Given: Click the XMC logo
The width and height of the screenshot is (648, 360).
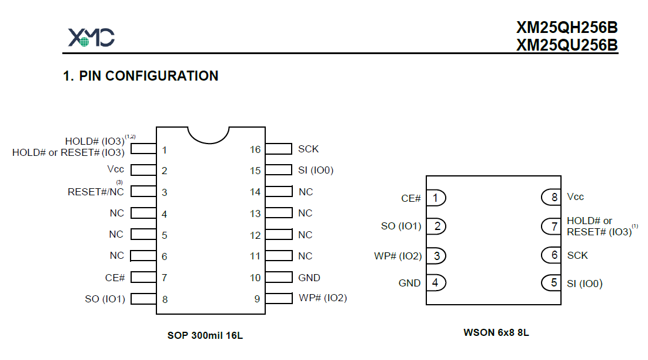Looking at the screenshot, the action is tap(91, 37).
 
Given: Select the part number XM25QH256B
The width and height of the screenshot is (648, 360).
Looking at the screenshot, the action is tap(567, 27).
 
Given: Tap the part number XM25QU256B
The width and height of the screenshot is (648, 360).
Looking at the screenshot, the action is tap(567, 45).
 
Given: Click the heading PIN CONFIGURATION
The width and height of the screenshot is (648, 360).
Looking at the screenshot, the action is tap(149, 76).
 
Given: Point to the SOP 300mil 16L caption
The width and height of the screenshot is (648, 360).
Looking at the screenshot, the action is tap(205, 335).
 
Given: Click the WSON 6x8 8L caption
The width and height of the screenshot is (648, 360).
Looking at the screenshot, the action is tap(496, 332).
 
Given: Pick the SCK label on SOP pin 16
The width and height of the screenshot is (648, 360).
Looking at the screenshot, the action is tap(308, 149).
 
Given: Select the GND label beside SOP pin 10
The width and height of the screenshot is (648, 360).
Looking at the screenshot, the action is tap(309, 278).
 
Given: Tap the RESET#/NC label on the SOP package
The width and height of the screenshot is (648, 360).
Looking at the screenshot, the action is tap(95, 192).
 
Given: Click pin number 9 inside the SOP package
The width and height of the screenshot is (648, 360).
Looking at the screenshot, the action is tap(257, 299).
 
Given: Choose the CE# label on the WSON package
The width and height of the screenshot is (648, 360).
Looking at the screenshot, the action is tap(411, 198).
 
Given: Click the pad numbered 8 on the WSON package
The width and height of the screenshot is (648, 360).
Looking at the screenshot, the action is tap(552, 197).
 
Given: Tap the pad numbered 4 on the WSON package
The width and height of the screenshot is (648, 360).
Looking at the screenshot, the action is tap(436, 283).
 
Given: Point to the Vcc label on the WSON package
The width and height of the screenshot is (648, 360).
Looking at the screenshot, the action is tap(575, 196).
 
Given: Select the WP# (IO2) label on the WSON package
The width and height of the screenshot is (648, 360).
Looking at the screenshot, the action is tap(398, 256).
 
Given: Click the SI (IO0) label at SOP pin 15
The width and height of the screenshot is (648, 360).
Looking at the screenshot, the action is tap(316, 170).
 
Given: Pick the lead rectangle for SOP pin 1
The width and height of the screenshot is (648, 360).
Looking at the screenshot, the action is tap(143, 148).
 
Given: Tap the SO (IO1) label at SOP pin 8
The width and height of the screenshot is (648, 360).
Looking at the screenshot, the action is tap(105, 299).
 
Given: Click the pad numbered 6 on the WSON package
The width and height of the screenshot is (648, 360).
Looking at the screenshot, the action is tap(552, 255).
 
